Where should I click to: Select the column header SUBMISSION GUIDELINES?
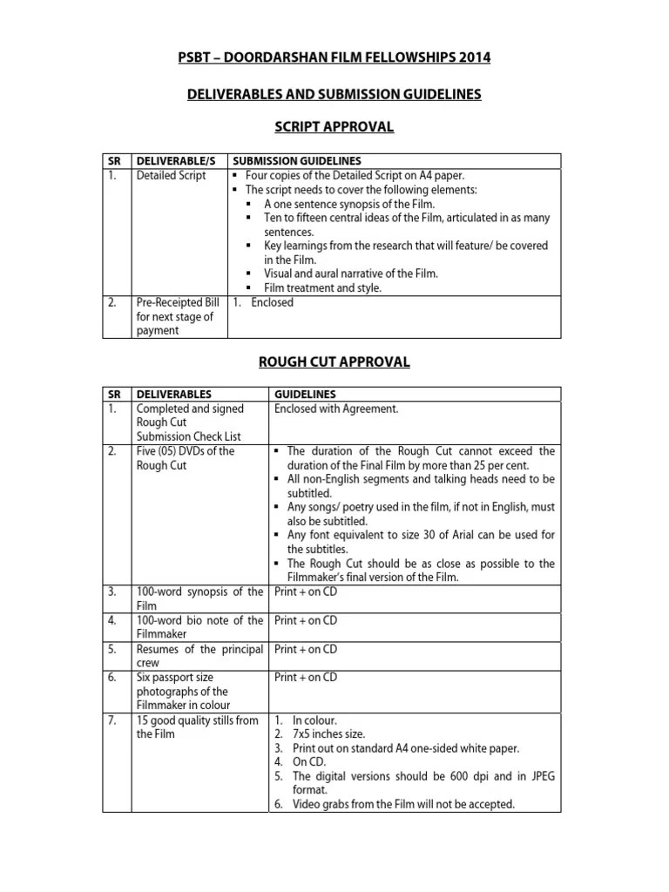pos(296,161)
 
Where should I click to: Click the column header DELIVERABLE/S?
pos(173,161)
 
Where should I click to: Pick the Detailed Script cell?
pos(171,175)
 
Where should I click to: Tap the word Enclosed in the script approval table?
pos(273,302)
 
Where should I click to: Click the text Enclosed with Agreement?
pos(336,409)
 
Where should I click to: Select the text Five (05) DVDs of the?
pos(185,451)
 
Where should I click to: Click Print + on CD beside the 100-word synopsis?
pos(306,592)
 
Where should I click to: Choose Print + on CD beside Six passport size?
pos(306,677)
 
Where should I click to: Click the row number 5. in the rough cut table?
pos(112,649)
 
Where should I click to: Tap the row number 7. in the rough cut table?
pos(112,720)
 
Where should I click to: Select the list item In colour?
pos(314,720)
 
